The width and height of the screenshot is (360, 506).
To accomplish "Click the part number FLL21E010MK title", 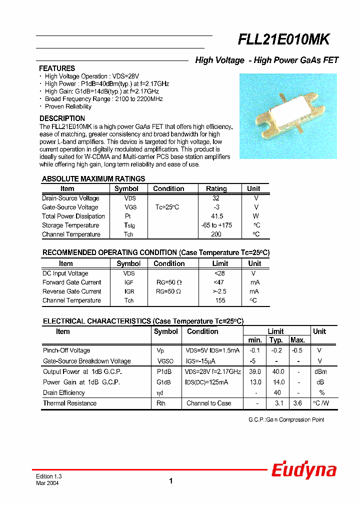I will [x=283, y=40].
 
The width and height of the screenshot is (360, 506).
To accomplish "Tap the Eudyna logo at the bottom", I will [x=304, y=470].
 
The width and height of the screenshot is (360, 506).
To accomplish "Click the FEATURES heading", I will [x=57, y=68].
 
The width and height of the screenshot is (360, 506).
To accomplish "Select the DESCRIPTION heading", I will [x=62, y=118].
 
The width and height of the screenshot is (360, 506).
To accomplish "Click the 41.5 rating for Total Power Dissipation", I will [x=216, y=216].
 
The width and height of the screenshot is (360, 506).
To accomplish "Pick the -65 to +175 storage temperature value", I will [x=216, y=225].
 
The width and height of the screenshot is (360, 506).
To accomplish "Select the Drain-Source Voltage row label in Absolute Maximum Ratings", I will [x=70, y=198].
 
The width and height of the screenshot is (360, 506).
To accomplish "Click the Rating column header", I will [x=216, y=189].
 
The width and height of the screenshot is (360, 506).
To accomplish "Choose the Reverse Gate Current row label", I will [x=72, y=291].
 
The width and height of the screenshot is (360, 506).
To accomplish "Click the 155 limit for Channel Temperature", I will [x=220, y=300].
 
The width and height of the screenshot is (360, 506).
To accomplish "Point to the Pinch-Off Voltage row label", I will [x=66, y=350].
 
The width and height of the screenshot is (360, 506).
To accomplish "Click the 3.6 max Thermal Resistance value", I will [x=297, y=403].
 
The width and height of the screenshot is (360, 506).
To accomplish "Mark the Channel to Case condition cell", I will [x=208, y=403].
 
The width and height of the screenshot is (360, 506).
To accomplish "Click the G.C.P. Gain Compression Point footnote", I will [x=286, y=419].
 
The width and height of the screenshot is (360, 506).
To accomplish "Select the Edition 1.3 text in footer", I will [x=48, y=476].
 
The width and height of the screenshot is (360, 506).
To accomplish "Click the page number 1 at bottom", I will [x=171, y=481].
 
